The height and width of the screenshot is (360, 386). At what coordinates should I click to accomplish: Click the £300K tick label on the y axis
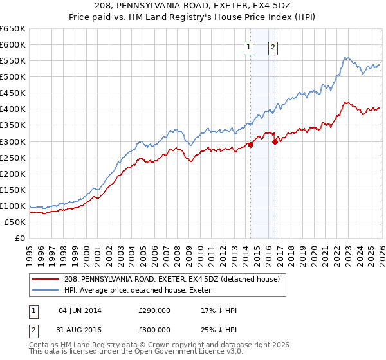pyautogui.click(x=13, y=141)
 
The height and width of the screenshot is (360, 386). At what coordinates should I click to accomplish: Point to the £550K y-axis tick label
pyautogui.click(x=13, y=60)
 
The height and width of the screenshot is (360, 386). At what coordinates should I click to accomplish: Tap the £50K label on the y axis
pyautogui.click(x=15, y=222)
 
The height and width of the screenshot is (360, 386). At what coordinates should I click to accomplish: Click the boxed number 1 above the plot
pyautogui.click(x=249, y=46)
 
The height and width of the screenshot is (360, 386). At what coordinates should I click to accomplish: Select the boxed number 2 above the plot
pyautogui.click(x=273, y=46)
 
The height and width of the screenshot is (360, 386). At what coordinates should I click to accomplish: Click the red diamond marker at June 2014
pyautogui.click(x=250, y=145)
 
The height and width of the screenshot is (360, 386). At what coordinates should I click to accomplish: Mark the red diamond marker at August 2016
pyautogui.click(x=275, y=141)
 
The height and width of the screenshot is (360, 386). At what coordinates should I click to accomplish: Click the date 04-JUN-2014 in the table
pyautogui.click(x=80, y=310)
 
